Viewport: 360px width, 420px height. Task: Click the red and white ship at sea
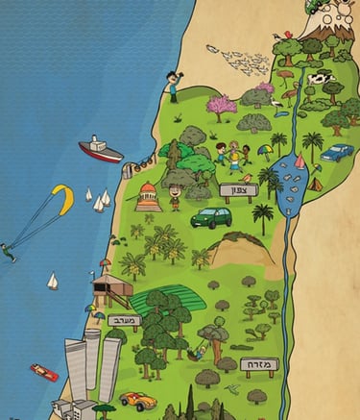(x=100, y=149)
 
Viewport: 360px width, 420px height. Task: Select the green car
(x=210, y=217)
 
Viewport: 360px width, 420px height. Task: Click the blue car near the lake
(x=337, y=152)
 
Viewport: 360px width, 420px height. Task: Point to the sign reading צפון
(x=239, y=191)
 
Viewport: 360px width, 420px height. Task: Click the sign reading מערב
(x=124, y=321)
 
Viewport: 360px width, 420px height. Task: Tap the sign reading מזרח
(x=258, y=365)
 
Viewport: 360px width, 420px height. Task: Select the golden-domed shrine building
(x=149, y=196)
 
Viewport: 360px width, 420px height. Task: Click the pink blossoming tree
(x=222, y=105)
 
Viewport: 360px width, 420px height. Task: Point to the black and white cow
(x=321, y=79)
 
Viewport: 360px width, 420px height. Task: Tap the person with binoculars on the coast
(x=172, y=86)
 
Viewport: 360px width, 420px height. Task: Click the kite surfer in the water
(x=8, y=252)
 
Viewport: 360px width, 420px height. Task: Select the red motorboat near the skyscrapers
(x=43, y=372)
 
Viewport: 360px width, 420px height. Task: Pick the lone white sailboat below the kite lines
(x=53, y=282)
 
